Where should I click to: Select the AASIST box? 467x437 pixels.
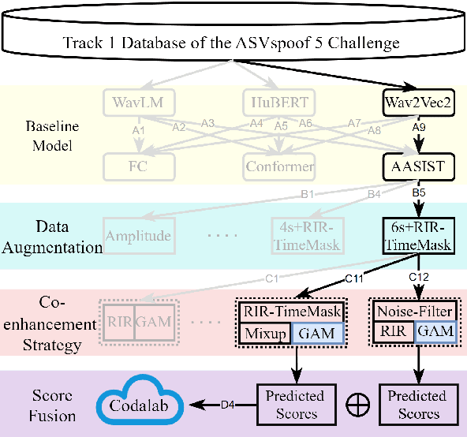[414, 166]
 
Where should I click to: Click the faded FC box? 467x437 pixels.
[139, 166]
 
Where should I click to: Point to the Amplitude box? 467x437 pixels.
[139, 235]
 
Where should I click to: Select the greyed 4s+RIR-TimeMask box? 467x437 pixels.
[306, 235]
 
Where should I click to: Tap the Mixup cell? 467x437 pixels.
[263, 334]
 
